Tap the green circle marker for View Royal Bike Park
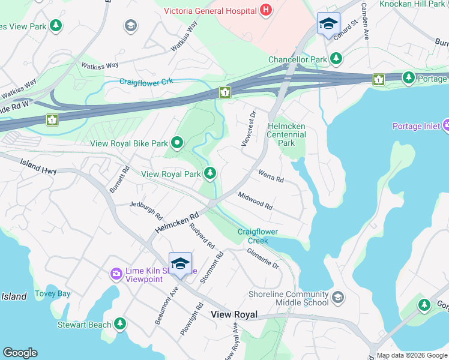tap(177, 143)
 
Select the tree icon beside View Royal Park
tap(209, 174)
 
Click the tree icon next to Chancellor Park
tap(337, 59)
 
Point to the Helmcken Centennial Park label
tap(286, 134)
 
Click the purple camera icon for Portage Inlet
tap(447, 125)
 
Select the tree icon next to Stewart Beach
tap(120, 325)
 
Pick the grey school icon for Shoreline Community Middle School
tap(338, 298)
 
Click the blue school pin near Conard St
tap(328, 24)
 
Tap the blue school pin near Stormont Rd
tap(180, 264)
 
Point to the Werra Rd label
tap(270, 176)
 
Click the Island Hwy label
tap(38, 166)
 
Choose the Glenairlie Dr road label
tap(263, 257)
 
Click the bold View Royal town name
tap(234, 314)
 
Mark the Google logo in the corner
tap(20, 353)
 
